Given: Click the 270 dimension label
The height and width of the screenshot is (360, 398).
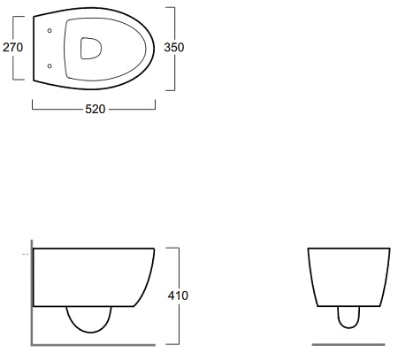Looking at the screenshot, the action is pyautogui.click(x=12, y=47).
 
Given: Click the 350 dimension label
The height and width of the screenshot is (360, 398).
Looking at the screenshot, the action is pyautogui.click(x=174, y=47).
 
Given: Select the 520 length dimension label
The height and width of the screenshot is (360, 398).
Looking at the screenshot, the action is pyautogui.click(x=96, y=109).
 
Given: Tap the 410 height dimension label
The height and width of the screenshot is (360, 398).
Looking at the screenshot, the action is pyautogui.click(x=178, y=295).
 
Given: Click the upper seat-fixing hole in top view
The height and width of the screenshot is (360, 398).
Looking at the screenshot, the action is pyautogui.click(x=50, y=30).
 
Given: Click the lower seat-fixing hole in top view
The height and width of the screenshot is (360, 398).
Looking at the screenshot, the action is pyautogui.click(x=50, y=65).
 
